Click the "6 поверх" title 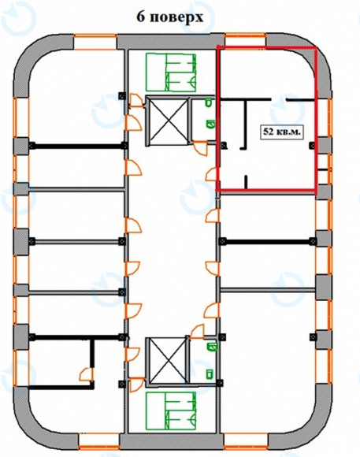(x=170, y=17)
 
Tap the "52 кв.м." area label (x=281, y=132)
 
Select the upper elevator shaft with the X (x=167, y=121)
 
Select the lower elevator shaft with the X (x=167, y=361)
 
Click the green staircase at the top (x=171, y=72)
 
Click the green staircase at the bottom (x=171, y=411)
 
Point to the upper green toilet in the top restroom (x=209, y=103)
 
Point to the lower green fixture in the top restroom (x=210, y=124)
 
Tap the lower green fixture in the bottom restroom (x=209, y=374)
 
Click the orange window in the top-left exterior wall (x=95, y=42)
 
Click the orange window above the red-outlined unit (x=246, y=40)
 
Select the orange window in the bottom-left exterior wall (x=99, y=441)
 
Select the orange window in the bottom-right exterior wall (x=246, y=441)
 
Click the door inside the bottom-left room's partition (x=87, y=374)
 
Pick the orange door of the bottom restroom (x=198, y=332)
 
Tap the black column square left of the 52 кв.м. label (x=224, y=145)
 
